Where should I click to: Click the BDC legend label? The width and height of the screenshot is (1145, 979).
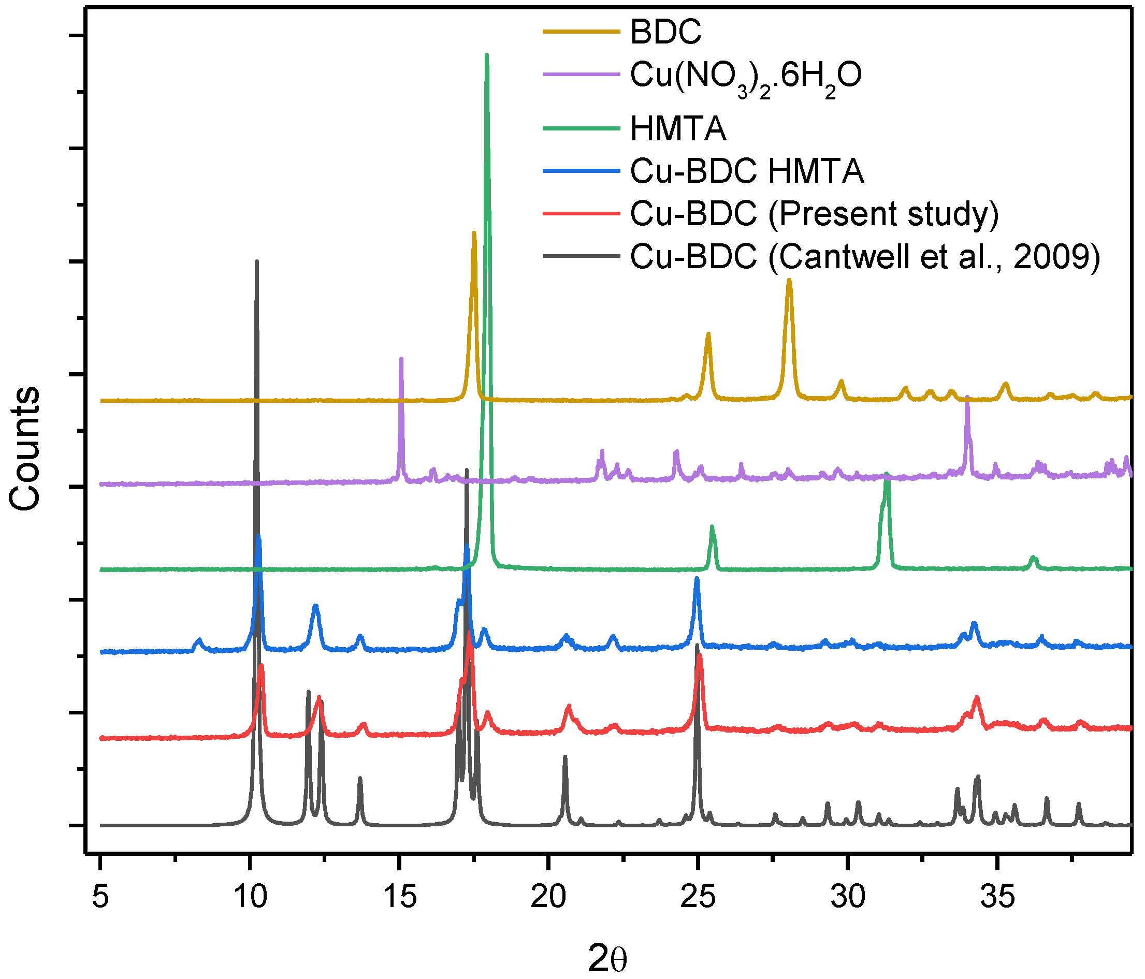[x=665, y=32]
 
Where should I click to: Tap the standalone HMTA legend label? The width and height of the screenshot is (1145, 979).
[x=677, y=129]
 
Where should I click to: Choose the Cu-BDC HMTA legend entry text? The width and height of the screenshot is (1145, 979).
[x=747, y=171]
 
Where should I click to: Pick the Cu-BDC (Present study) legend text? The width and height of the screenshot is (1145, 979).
[x=814, y=214]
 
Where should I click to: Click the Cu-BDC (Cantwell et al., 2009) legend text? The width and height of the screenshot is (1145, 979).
[x=865, y=257]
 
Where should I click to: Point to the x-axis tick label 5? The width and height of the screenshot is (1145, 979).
[x=100, y=896]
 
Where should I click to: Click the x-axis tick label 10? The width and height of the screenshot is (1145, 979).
[x=250, y=896]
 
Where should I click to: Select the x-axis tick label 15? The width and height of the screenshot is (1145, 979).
[x=400, y=896]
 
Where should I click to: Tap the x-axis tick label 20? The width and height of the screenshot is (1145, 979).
[x=548, y=896]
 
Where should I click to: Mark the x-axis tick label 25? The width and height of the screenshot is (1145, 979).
[x=698, y=896]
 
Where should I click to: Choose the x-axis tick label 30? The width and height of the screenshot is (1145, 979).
[x=848, y=896]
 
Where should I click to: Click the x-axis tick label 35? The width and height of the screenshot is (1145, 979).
[x=997, y=896]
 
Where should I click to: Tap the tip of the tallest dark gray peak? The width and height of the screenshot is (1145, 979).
[x=256, y=262]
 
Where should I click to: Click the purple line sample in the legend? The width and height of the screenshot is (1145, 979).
[x=581, y=74]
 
